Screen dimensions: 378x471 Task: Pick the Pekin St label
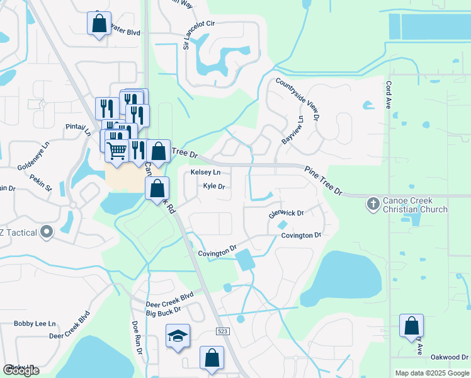(x=40, y=181)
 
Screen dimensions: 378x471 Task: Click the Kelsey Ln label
(x=206, y=172)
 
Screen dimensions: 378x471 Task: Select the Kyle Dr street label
(x=214, y=186)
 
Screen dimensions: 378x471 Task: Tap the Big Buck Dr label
(x=164, y=311)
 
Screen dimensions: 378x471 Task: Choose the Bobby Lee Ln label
(x=35, y=323)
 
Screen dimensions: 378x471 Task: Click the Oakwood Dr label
(x=450, y=357)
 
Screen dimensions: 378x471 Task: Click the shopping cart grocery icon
(x=116, y=151)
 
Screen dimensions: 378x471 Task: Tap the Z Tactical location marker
(x=46, y=233)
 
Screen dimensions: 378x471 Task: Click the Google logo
(x=21, y=370)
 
